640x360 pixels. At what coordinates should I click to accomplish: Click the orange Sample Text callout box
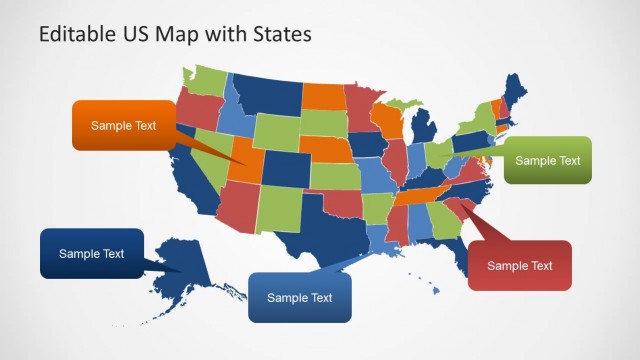tap(123, 125)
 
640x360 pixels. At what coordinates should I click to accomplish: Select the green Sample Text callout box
tap(547, 160)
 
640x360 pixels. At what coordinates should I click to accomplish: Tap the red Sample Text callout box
tap(519, 265)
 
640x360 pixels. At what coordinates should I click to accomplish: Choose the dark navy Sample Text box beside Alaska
tap(91, 253)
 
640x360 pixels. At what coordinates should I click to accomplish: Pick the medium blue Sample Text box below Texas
tap(300, 297)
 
